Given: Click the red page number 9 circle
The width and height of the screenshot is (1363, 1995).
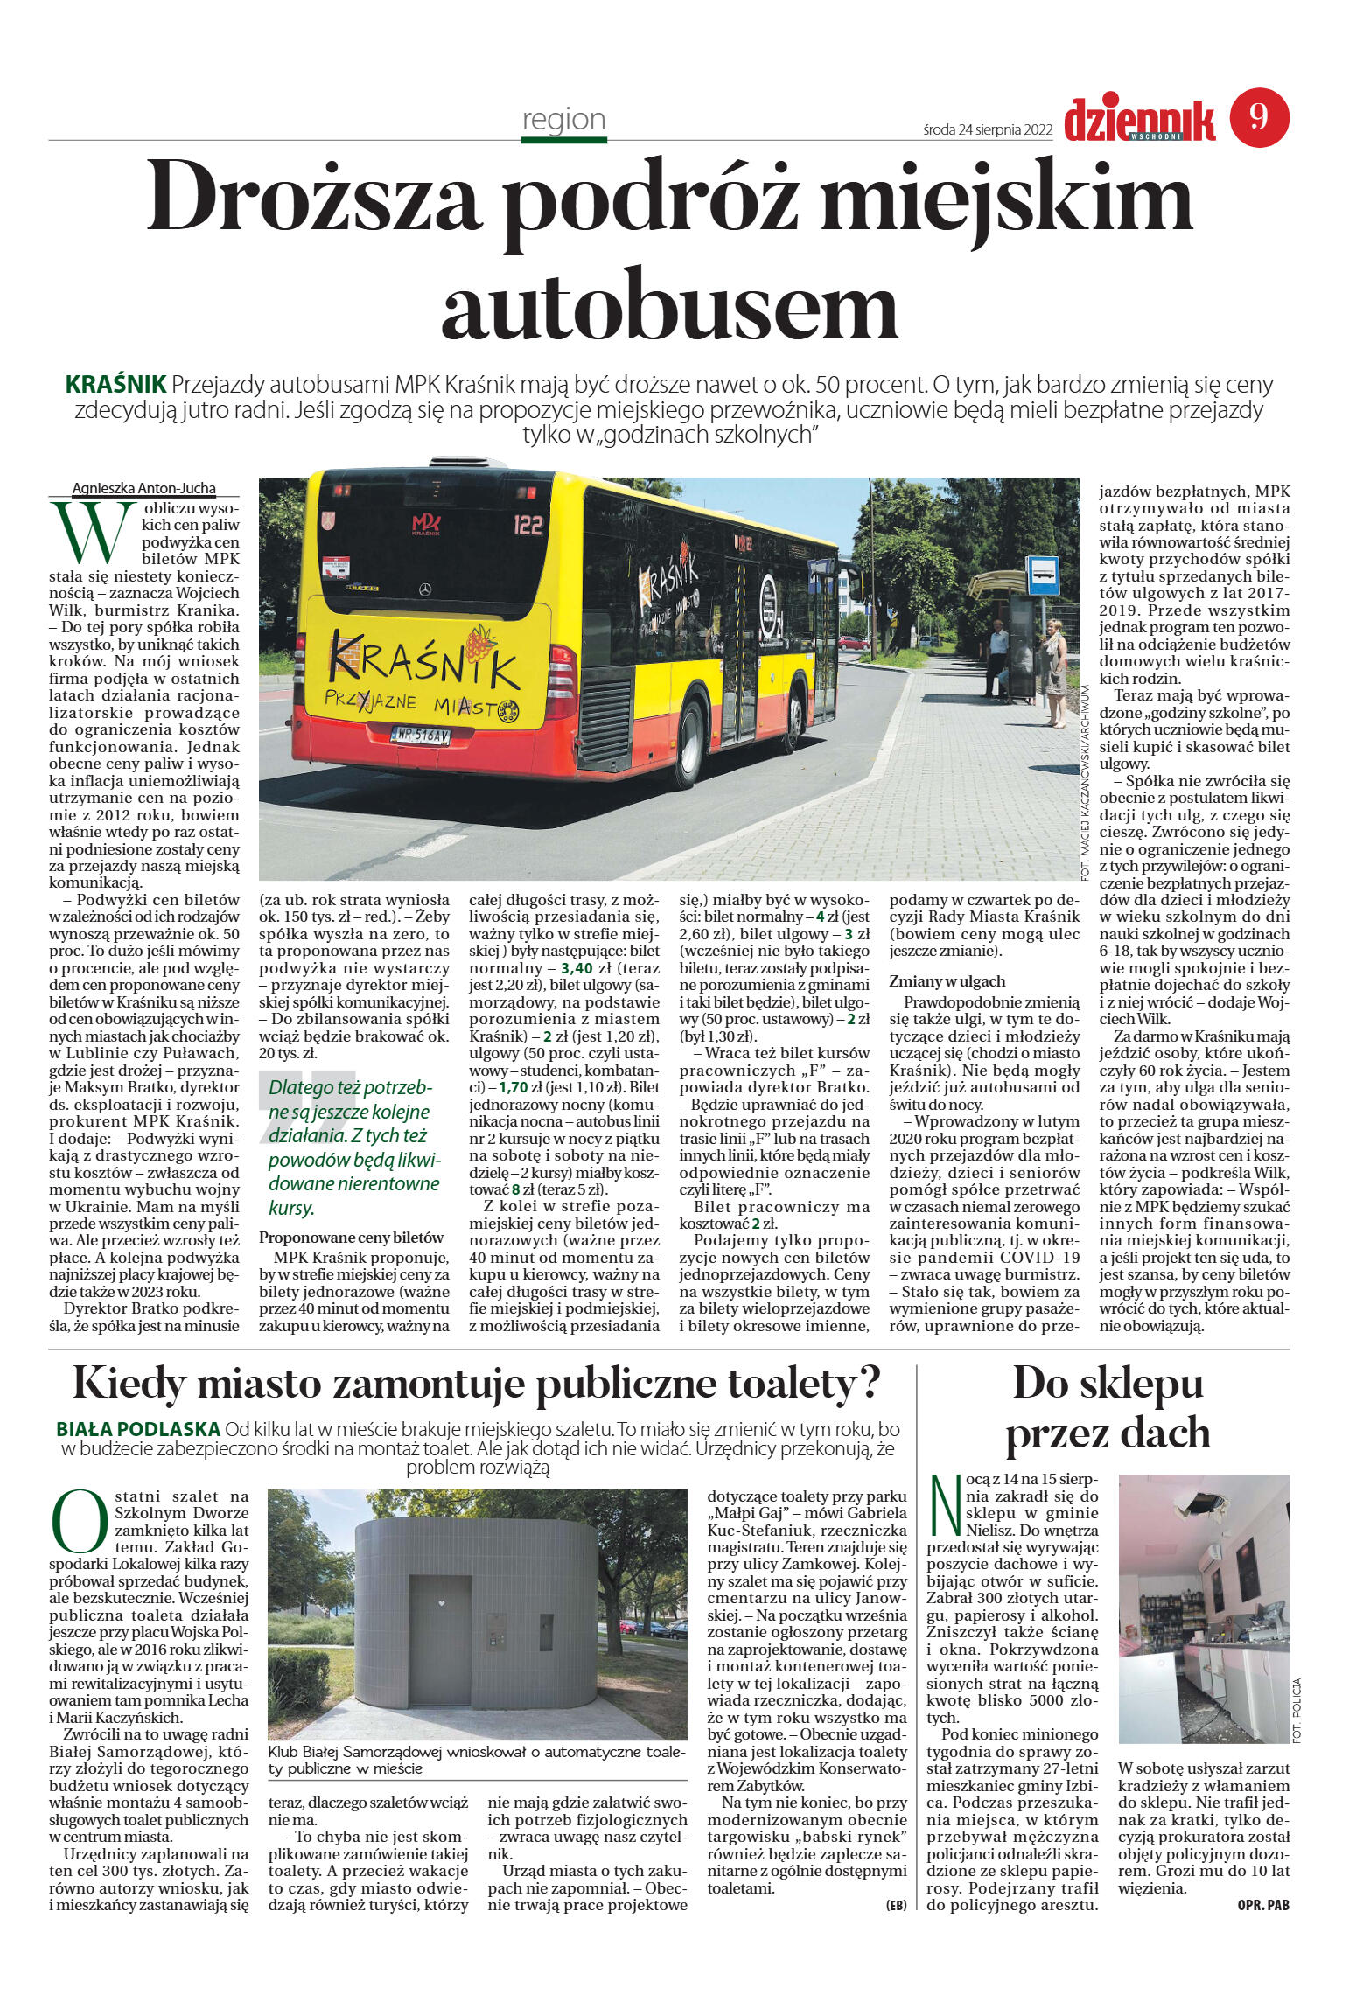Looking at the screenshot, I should (1259, 117).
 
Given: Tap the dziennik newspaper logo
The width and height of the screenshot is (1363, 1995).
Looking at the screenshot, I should (1139, 120).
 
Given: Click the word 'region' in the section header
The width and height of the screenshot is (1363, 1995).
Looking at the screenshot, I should (563, 119).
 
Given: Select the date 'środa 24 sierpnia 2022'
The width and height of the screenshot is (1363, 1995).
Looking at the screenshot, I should (987, 130).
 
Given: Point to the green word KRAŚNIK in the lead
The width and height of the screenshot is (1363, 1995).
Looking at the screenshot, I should (115, 384).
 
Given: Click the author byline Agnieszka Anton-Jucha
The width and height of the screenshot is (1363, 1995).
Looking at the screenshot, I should (143, 489).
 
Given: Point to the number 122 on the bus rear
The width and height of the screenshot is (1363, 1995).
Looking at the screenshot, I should (528, 525).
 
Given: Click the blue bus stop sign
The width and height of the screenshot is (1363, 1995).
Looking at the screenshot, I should (1043, 575).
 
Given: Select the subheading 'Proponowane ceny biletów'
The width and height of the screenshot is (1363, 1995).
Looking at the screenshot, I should (351, 1238).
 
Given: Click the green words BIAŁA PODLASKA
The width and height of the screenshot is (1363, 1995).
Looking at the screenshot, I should (137, 1429).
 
